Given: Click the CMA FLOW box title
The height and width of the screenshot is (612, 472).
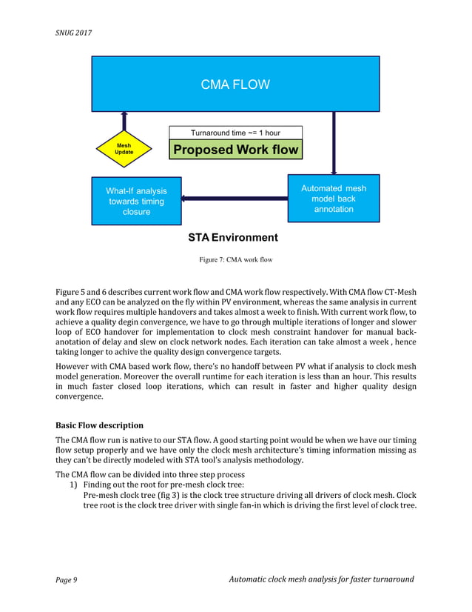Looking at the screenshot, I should [235, 84].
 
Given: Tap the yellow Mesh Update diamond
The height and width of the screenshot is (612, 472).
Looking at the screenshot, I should [124, 149].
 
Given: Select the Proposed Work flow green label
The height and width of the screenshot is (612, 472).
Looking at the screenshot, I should [235, 150].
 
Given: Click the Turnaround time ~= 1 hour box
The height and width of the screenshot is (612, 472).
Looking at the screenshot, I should [235, 133].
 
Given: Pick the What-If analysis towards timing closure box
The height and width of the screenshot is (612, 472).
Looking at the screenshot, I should [136, 201].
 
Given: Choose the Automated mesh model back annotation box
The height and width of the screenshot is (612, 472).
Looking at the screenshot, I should [333, 199].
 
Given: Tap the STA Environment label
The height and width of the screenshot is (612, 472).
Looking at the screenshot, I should [233, 238].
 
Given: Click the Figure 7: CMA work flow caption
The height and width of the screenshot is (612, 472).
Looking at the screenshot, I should [235, 259].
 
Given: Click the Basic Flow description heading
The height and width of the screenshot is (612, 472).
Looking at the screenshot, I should [100, 425].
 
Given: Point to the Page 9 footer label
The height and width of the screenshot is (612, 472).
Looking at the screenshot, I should [67, 579].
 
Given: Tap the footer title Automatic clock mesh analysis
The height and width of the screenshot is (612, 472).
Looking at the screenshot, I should [322, 579].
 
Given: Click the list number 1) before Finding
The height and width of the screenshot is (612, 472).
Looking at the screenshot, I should [73, 484].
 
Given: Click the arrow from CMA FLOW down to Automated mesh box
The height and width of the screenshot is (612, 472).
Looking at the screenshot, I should [334, 143].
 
